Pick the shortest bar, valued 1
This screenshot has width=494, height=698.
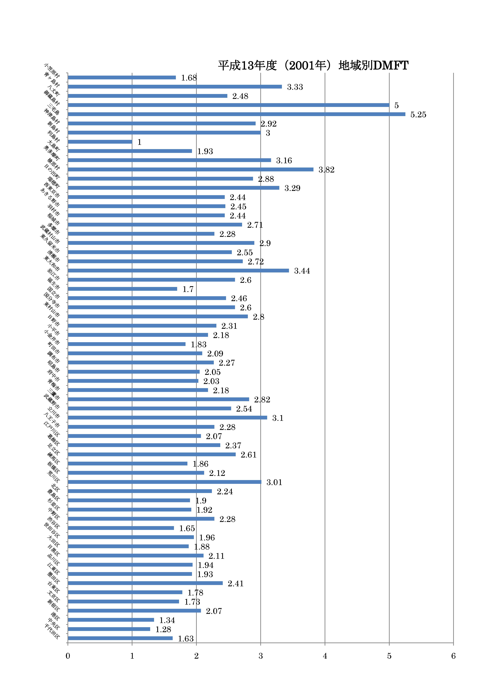tap(100, 142)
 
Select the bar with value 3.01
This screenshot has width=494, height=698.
tap(164, 482)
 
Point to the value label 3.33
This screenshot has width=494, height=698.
tap(295, 87)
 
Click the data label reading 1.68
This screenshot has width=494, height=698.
tap(189, 78)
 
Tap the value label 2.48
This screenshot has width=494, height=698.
tap(240, 96)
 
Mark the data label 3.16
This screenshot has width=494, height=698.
tap(284, 161)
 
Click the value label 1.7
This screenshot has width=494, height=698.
tap(188, 289)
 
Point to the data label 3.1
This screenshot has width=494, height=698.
tap(278, 418)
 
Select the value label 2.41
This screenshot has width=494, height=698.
tap(236, 584)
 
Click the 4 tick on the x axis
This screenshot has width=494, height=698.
tap(325, 656)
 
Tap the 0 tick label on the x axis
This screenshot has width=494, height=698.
tap(68, 656)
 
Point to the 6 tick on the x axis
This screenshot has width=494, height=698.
tap(453, 656)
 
